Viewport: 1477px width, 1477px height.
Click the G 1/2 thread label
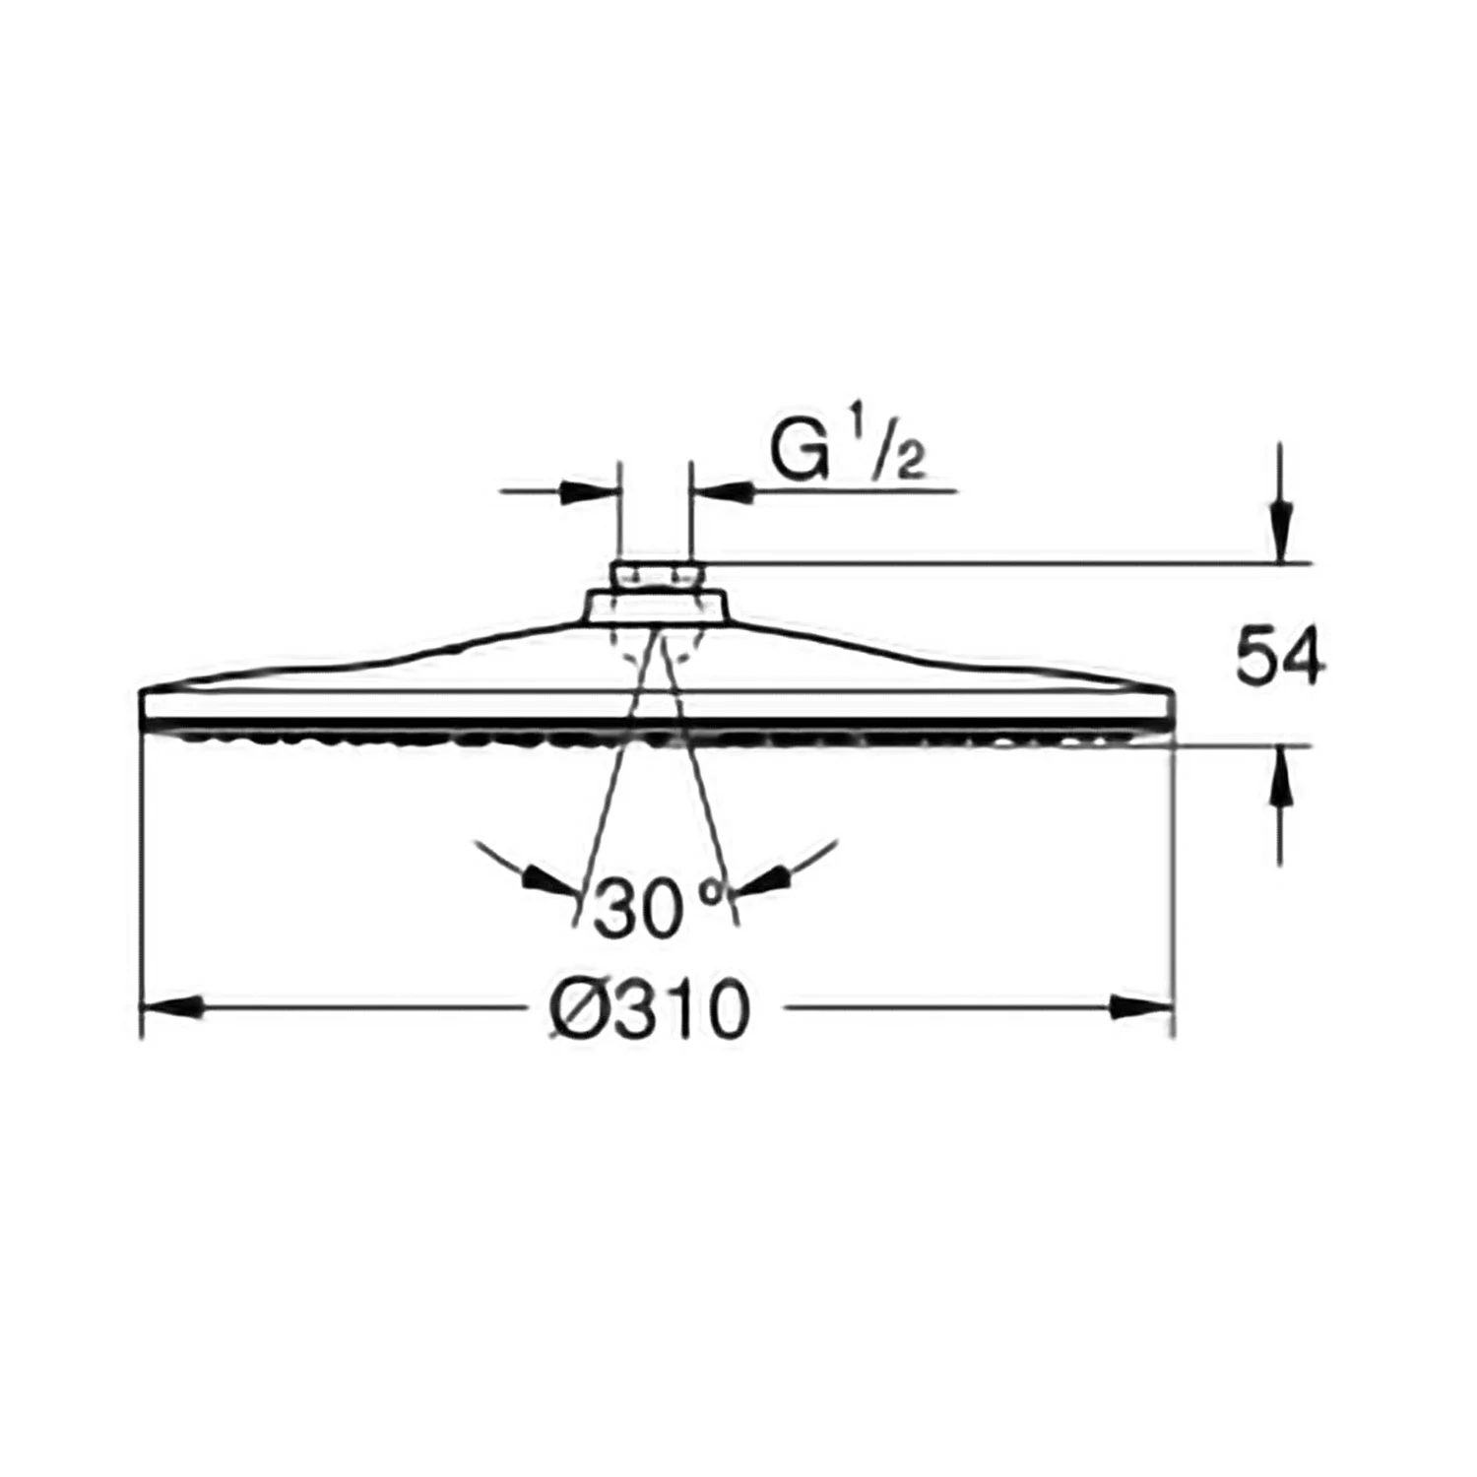click(846, 452)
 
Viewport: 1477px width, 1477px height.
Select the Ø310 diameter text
click(650, 1009)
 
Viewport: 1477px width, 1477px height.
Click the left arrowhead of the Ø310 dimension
click(173, 1007)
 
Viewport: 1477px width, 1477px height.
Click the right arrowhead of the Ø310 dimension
click(1142, 1007)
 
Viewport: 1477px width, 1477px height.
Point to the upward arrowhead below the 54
click(1280, 778)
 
